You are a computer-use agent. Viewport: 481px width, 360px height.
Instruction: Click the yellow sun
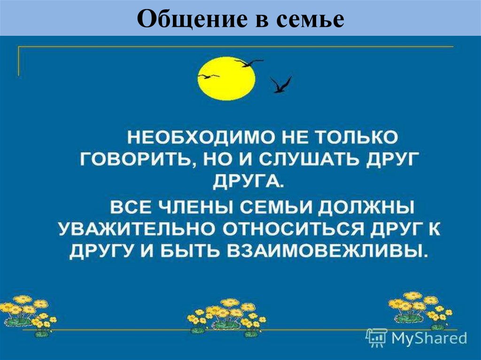(226, 78)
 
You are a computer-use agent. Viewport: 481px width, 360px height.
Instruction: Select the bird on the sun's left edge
(209, 76)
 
